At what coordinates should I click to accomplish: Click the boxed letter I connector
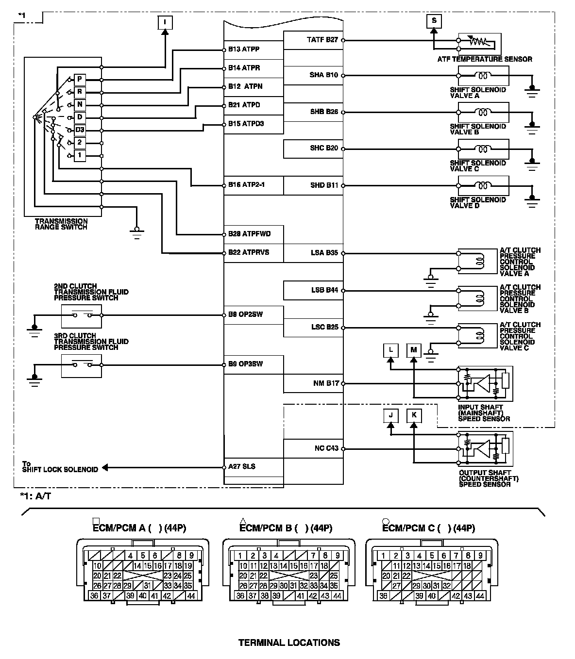point(165,22)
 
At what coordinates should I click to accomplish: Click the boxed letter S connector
point(434,20)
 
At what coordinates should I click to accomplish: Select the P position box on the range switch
point(80,79)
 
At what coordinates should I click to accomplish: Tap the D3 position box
point(80,130)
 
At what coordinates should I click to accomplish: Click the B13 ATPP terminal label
point(244,49)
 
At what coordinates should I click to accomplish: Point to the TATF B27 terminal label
point(322,39)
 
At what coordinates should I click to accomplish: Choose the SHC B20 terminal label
point(324,148)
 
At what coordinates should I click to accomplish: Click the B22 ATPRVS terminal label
point(249,253)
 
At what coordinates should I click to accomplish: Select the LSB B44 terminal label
point(324,290)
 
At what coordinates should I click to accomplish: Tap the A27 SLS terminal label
point(242,467)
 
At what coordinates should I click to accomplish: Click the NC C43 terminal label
point(326,448)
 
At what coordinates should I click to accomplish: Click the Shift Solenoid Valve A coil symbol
point(483,75)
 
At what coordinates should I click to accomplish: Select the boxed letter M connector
point(414,350)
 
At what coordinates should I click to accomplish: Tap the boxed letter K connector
point(414,415)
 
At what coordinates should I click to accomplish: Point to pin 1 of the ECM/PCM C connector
point(383,556)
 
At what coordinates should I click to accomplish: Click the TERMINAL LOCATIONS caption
point(289,643)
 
